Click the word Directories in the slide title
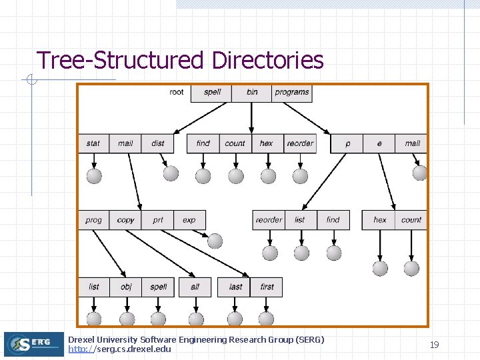(x=267, y=60)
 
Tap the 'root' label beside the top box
(x=177, y=92)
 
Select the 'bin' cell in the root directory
(x=251, y=92)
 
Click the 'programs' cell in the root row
(x=292, y=92)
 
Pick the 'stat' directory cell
(x=93, y=143)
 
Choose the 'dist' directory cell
(x=158, y=143)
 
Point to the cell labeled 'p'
(x=347, y=143)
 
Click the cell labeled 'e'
(x=379, y=143)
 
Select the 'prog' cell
(x=94, y=220)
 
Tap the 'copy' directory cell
(x=125, y=220)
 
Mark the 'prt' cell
(x=158, y=220)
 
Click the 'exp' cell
(x=189, y=220)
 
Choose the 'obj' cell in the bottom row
(x=126, y=287)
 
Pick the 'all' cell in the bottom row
(x=195, y=287)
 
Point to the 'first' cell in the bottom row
(x=267, y=287)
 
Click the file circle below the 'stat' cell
(x=94, y=175)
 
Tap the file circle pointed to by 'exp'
(x=215, y=241)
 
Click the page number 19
(x=434, y=345)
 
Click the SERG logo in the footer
(x=33, y=344)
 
